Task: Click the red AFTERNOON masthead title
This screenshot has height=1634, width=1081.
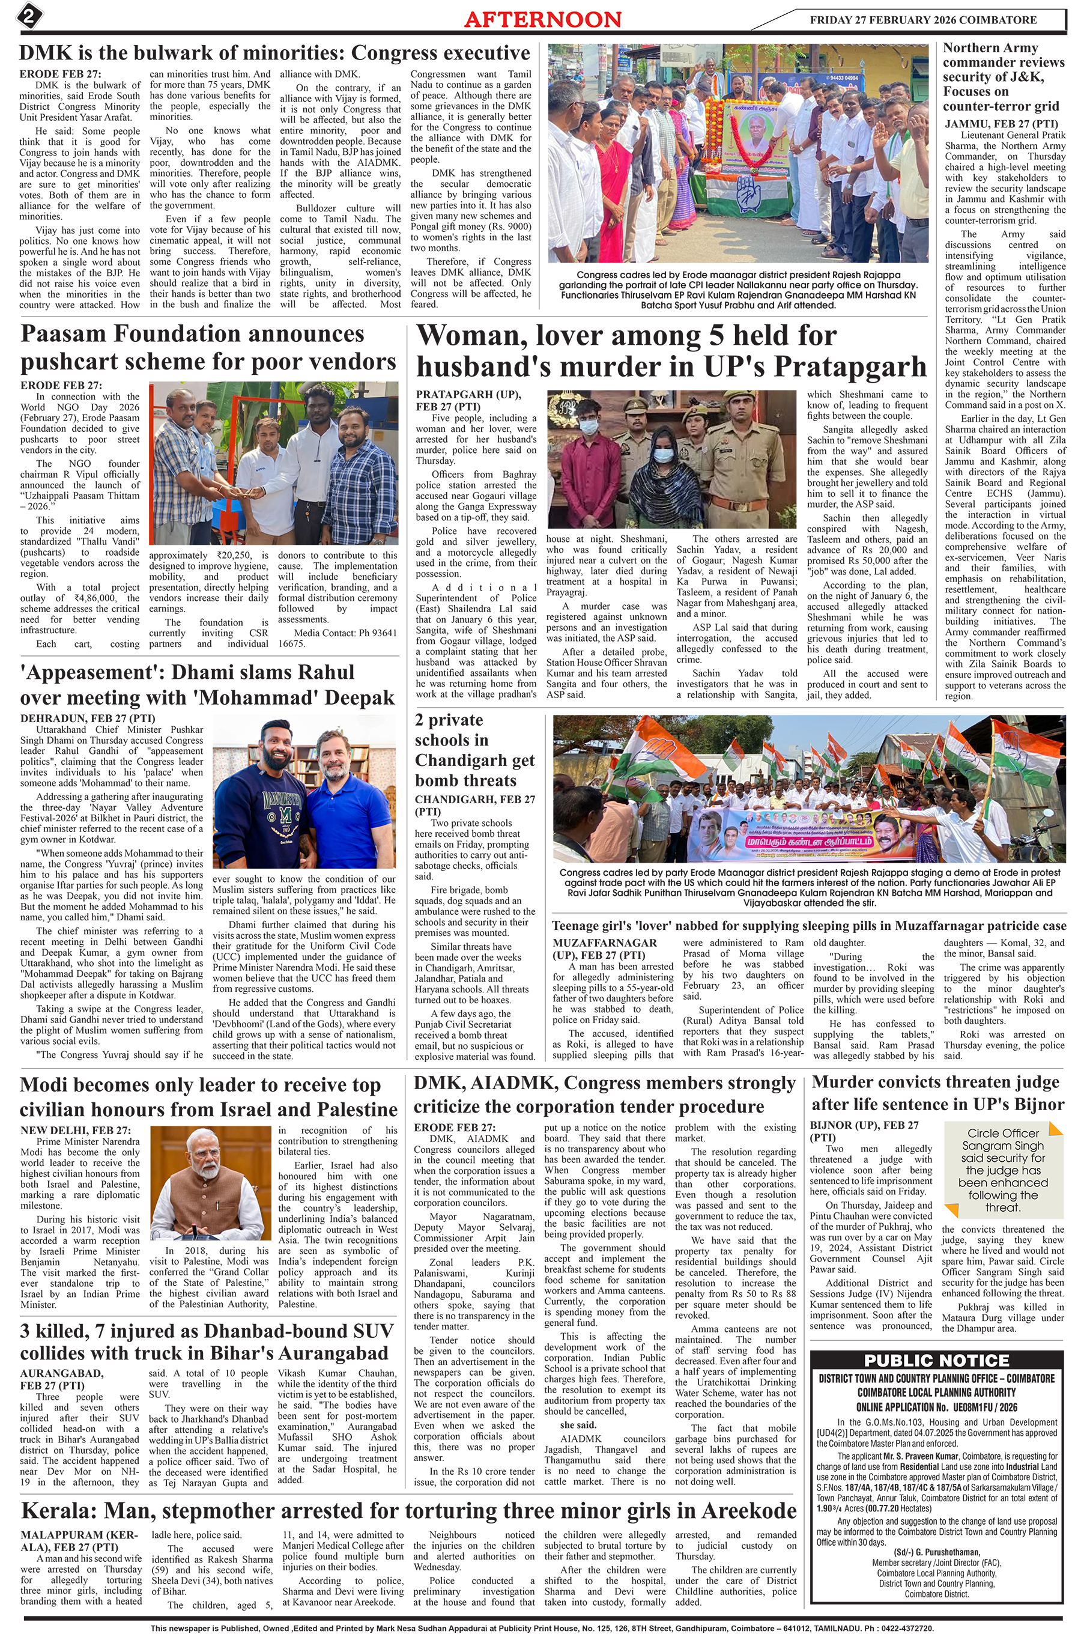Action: pos(542,19)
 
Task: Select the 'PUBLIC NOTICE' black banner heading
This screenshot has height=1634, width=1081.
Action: pos(936,1360)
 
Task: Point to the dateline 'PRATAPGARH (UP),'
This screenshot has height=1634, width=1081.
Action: pos(468,394)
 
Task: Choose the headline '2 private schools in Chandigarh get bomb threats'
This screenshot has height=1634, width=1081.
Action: pos(474,750)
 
